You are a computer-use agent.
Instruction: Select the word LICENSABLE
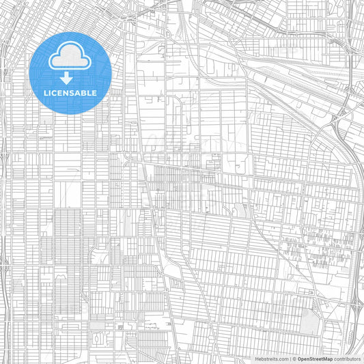click(70, 92)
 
